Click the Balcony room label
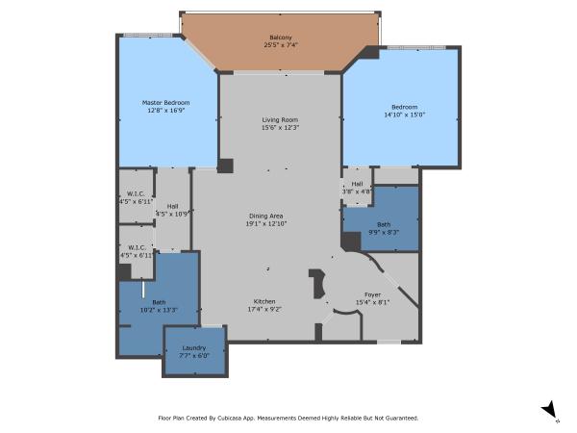coord(281,38)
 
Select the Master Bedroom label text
coord(165,103)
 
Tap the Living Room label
coord(281,119)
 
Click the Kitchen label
coord(264,300)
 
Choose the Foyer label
coord(372,294)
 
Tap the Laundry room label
coord(194,348)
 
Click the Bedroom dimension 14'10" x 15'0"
coord(404,115)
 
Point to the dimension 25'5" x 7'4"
coord(281,45)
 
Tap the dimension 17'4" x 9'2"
coord(264,308)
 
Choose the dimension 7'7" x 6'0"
coord(194,356)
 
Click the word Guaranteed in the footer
coord(398,419)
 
